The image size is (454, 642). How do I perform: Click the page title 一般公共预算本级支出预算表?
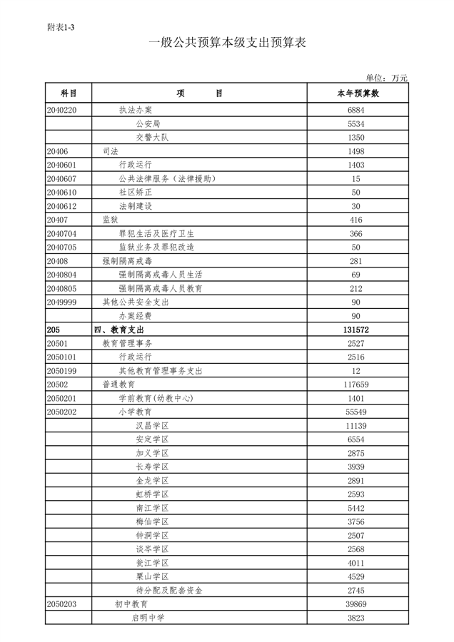point(227,43)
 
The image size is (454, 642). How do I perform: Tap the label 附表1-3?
point(61,27)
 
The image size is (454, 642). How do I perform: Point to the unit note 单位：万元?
point(386,78)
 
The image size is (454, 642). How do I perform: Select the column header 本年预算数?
point(357,93)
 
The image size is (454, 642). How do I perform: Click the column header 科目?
point(69,93)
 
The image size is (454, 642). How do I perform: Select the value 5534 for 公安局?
point(356,124)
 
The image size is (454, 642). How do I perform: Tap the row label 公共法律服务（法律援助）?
point(167,179)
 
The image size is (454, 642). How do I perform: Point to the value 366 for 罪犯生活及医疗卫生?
point(356,233)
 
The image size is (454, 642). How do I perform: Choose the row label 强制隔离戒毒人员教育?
point(161,288)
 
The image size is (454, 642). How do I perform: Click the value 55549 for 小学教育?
point(356,412)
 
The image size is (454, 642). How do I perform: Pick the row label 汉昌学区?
point(151,426)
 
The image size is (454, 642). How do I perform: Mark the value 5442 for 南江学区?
point(356,508)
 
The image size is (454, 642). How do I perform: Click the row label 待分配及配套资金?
point(169,591)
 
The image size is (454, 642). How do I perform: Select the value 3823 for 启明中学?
point(356,618)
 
